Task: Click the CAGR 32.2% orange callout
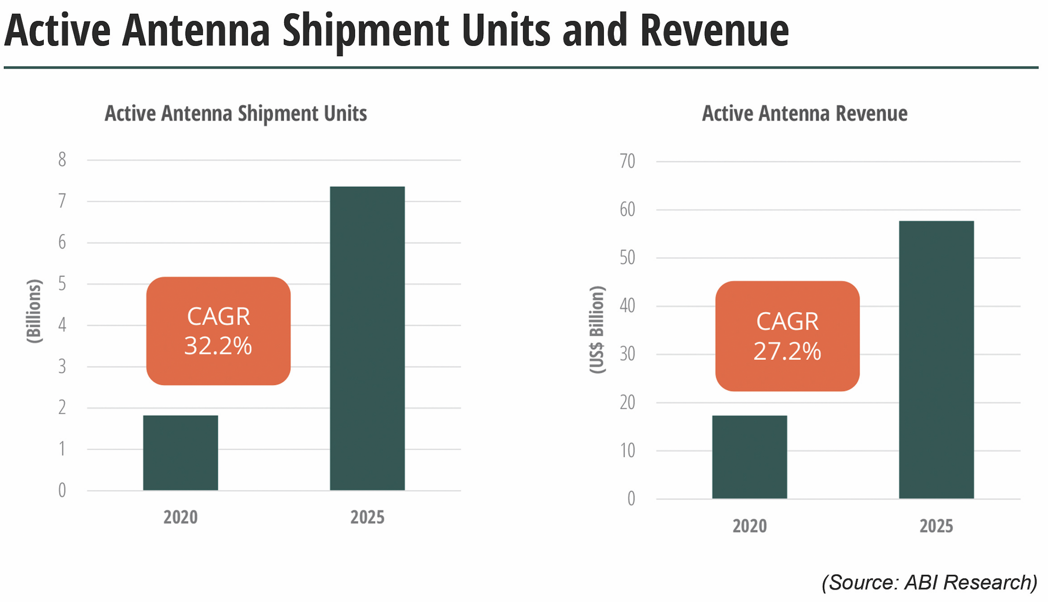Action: [218, 331]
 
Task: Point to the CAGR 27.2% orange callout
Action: [787, 336]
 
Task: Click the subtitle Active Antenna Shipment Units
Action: [236, 114]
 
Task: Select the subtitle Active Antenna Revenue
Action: [804, 114]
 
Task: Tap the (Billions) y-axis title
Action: [34, 311]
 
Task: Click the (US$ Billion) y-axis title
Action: [597, 329]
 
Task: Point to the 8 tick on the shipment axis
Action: [62, 160]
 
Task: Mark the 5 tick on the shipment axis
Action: [62, 283]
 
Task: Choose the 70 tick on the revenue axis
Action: [627, 161]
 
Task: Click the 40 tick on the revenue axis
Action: [627, 306]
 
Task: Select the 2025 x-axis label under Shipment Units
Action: [367, 517]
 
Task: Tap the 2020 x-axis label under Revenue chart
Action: [749, 526]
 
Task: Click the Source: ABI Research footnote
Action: [929, 582]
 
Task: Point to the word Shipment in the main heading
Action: [365, 31]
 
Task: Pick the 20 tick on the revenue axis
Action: [627, 402]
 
